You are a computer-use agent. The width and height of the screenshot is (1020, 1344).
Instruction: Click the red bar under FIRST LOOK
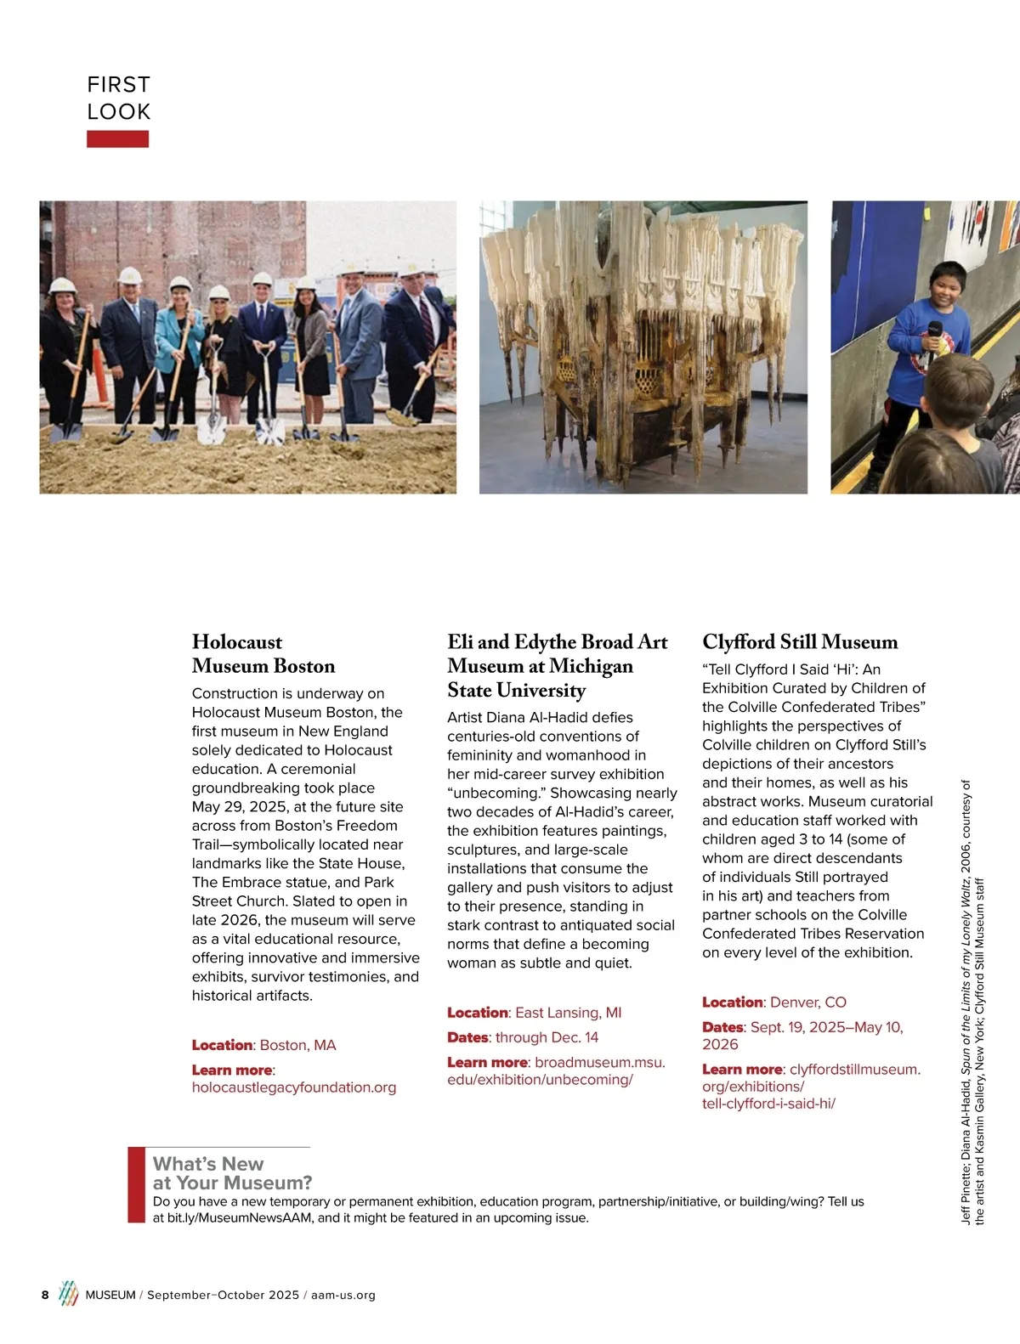(x=117, y=138)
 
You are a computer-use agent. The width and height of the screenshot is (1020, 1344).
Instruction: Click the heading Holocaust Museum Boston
(x=263, y=653)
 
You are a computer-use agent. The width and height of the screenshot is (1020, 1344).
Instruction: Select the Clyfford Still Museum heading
(x=800, y=641)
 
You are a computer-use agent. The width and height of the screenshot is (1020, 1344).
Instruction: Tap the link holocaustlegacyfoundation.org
(x=294, y=1087)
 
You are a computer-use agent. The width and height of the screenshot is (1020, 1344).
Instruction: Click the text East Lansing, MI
(x=568, y=1013)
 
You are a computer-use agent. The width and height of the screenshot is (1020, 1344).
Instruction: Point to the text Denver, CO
(x=807, y=1002)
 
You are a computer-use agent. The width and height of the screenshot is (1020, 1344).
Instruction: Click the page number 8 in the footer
(x=45, y=1295)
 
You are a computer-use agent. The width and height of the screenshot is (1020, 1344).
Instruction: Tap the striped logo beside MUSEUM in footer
(x=68, y=1294)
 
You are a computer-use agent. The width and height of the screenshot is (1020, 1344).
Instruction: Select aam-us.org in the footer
(x=343, y=1295)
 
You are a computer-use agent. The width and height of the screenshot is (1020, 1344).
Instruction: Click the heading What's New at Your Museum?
(x=232, y=1173)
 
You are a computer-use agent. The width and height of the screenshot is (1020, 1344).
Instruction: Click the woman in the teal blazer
(x=178, y=340)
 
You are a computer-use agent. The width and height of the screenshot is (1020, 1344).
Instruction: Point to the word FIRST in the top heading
(x=118, y=85)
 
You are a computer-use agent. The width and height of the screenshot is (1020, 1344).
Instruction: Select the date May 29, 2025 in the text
(x=242, y=807)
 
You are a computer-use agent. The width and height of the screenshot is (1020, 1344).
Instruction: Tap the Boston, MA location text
(x=297, y=1045)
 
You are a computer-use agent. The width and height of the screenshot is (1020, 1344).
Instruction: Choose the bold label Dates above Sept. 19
(x=722, y=1027)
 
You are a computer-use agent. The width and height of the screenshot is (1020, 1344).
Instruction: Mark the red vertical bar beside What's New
(x=136, y=1185)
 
